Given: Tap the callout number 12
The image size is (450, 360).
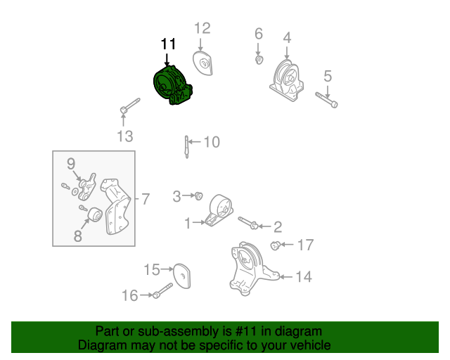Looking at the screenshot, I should click(x=202, y=28).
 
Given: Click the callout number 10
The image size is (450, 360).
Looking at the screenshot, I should click(x=211, y=142).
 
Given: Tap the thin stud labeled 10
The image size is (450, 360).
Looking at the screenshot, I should click(x=186, y=147).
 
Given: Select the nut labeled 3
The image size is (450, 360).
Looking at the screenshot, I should click(x=199, y=195).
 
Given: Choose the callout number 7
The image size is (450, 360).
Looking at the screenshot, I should click(x=146, y=199).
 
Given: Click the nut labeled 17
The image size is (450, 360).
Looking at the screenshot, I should click(x=276, y=245).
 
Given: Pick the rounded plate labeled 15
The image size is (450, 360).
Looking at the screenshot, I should click(x=182, y=275).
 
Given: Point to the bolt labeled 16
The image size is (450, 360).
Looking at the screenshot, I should click(x=163, y=290).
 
